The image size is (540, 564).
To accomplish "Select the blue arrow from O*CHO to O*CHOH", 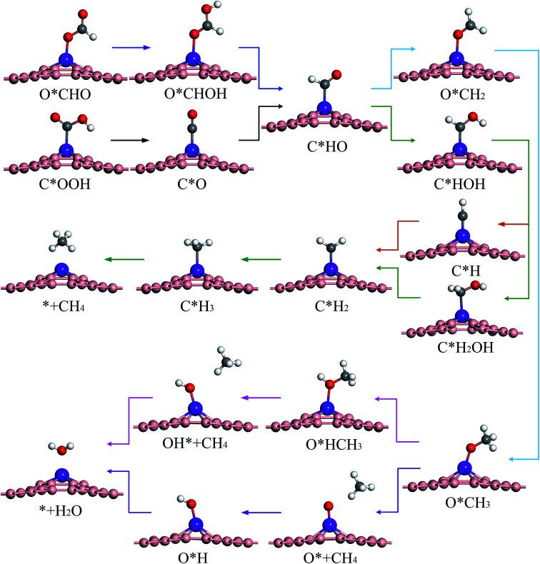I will [132, 47].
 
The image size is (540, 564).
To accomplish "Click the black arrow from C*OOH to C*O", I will [132, 139].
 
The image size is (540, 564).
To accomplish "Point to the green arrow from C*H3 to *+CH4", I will [124, 259].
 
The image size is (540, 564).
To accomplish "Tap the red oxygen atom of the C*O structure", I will [191, 114].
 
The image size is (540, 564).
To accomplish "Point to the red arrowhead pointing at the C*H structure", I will [501, 224].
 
